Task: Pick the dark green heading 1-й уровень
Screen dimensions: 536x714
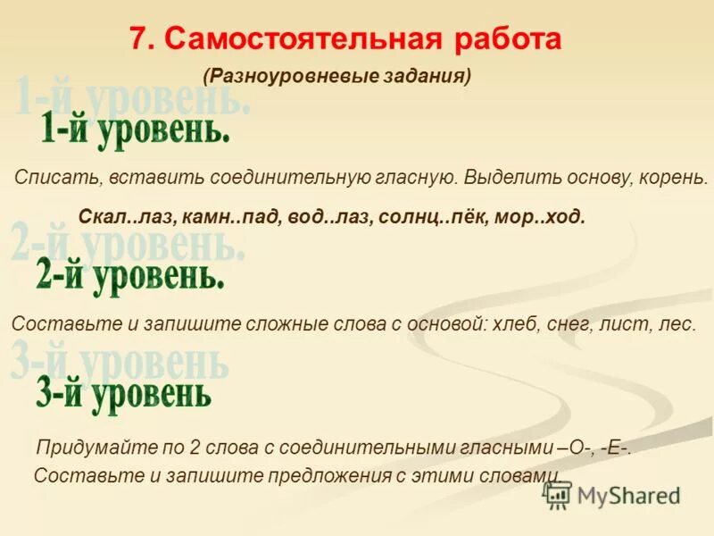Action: click(x=135, y=132)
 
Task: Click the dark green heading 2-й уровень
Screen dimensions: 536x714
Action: click(x=130, y=276)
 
